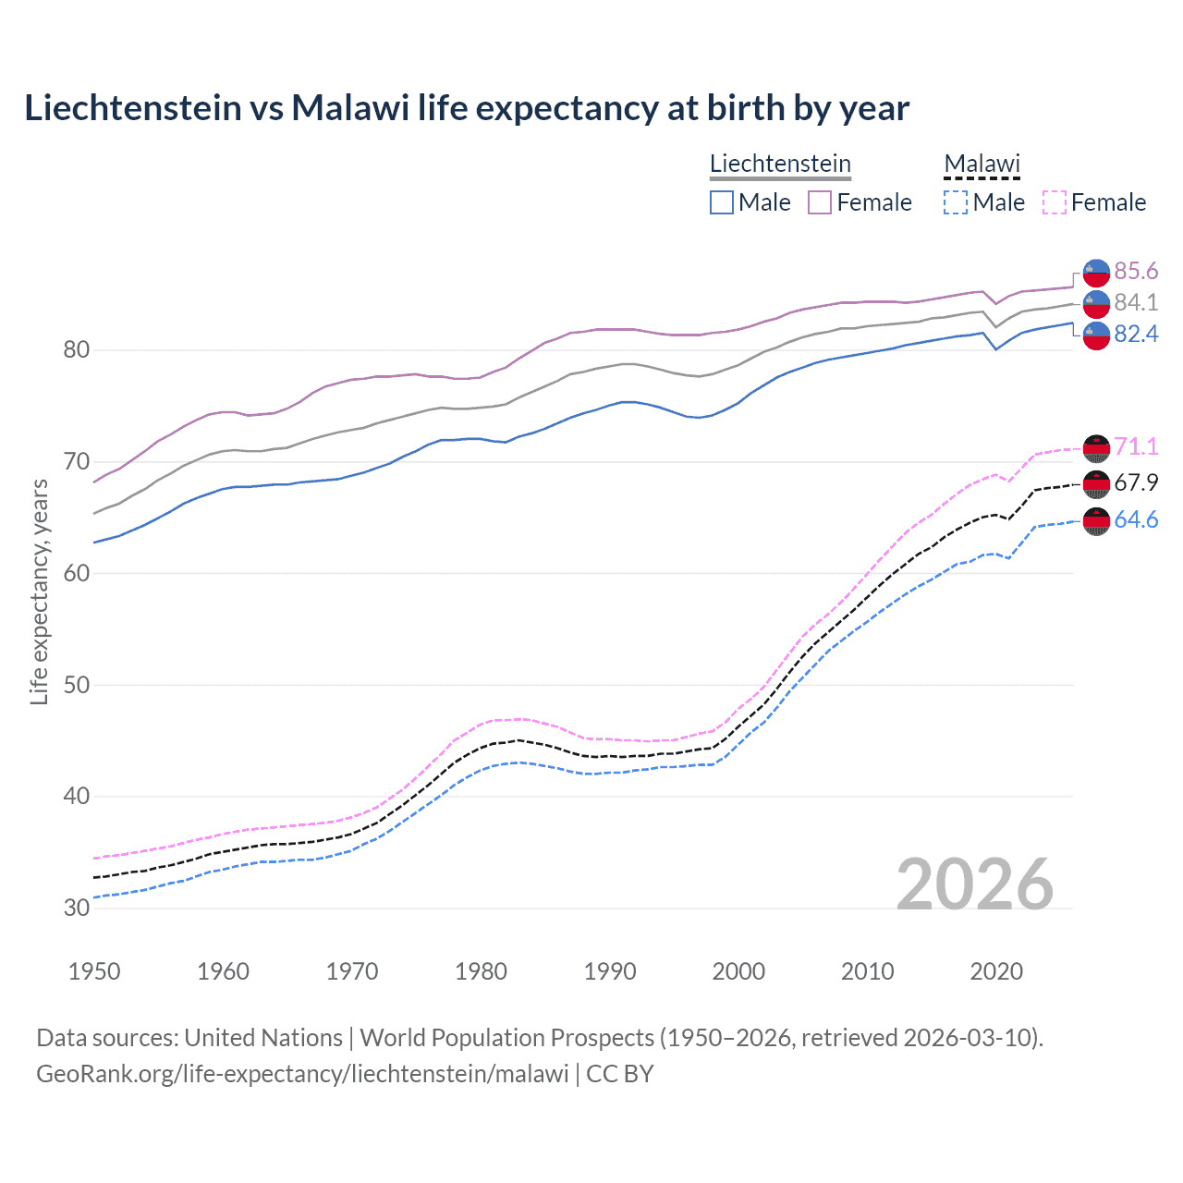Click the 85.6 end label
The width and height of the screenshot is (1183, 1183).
pos(1135,271)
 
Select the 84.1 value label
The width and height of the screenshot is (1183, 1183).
pos(1135,302)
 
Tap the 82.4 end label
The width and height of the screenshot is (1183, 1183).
pos(1135,334)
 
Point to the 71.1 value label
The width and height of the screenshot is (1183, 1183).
pos(1135,446)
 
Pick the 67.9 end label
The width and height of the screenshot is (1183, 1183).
pos(1135,482)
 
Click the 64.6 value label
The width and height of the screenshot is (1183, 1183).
pos(1135,519)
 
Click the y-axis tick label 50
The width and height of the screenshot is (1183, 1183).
pos(77,685)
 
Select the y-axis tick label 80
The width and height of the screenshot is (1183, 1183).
pos(77,349)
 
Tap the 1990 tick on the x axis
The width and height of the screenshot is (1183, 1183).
pos(610,971)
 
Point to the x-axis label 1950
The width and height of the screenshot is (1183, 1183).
pos(94,971)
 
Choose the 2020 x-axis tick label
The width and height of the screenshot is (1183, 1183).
pos(996,971)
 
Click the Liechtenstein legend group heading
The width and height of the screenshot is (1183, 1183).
pos(780,164)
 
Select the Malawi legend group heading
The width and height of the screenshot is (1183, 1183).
pos(982,164)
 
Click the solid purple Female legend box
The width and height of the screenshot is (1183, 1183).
pos(820,202)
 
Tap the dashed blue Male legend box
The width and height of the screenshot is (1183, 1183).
pos(956,202)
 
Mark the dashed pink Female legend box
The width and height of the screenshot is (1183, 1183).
pos(1055,202)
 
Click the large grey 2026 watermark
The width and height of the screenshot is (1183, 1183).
pos(975,884)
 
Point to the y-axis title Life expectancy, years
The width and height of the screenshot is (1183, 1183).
pos(39,592)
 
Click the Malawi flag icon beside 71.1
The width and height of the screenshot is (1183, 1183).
pos(1096,447)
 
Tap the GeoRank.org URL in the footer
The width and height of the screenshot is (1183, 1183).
pos(302,1074)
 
